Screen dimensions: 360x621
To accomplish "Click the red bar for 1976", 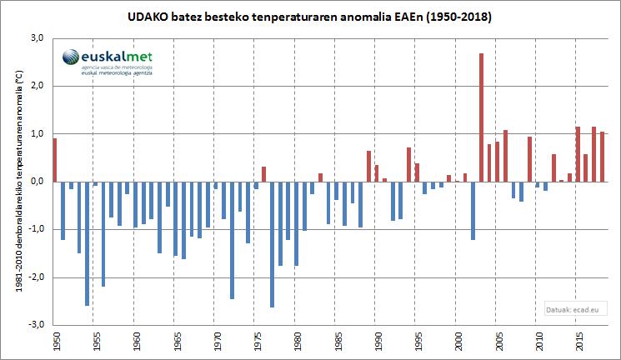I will coord(264,174).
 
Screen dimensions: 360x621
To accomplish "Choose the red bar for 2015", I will coord(578,154).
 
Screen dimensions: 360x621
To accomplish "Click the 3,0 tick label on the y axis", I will coord(37,38).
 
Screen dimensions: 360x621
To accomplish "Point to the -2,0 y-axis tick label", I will coord(36,277).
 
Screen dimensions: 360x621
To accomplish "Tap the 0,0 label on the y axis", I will coord(37,182).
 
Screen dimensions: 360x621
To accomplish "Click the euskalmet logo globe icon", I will coord(72,58).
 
